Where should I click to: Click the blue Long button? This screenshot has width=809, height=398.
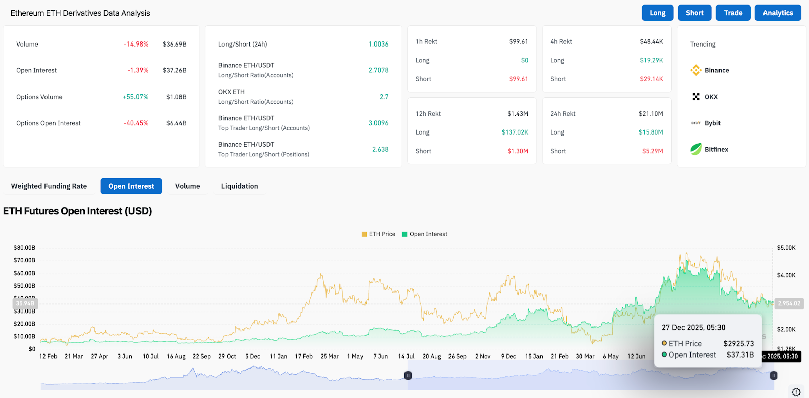pyautogui.click(x=657, y=13)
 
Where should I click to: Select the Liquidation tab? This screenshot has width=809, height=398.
pyautogui.click(x=240, y=186)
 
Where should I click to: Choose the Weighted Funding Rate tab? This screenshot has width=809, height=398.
pyautogui.click(x=49, y=186)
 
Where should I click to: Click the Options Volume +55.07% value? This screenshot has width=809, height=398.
pyautogui.click(x=136, y=97)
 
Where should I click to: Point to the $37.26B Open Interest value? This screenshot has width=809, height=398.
pyautogui.click(x=174, y=70)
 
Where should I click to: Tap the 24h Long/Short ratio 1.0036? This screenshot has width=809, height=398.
pyautogui.click(x=378, y=44)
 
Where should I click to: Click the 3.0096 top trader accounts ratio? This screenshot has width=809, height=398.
pyautogui.click(x=378, y=123)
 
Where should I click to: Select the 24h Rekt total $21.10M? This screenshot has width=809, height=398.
pyautogui.click(x=651, y=114)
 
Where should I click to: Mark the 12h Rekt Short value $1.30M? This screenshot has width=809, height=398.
pyautogui.click(x=518, y=151)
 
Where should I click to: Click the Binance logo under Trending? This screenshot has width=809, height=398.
pyautogui.click(x=696, y=70)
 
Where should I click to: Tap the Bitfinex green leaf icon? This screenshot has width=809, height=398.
pyautogui.click(x=696, y=149)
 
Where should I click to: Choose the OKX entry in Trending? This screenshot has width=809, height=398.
pyautogui.click(x=711, y=97)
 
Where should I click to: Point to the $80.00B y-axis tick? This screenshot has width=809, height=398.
pyautogui.click(x=24, y=248)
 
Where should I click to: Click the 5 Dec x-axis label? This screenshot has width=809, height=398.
pyautogui.click(x=253, y=356)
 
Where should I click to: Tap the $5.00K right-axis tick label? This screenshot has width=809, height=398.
pyautogui.click(x=786, y=248)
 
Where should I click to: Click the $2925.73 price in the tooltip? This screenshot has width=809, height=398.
pyautogui.click(x=738, y=344)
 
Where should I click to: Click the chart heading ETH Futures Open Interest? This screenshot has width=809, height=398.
pyautogui.click(x=77, y=211)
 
